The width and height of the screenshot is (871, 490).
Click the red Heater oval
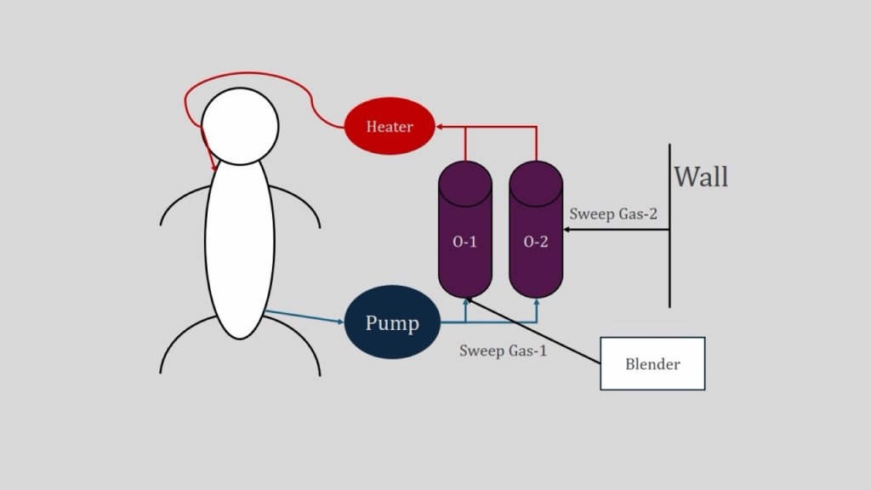390,127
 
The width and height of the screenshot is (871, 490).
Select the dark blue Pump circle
392,323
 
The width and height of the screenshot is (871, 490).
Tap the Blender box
652,364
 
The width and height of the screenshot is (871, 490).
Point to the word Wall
701,177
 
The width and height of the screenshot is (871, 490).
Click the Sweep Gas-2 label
613,214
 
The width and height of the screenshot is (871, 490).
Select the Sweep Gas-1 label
503,350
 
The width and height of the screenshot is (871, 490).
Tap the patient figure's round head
239,127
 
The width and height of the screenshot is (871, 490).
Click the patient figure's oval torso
240,247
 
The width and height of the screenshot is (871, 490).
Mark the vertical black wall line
669,255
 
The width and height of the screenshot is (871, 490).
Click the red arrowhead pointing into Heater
441,127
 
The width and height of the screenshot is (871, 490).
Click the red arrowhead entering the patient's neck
213,166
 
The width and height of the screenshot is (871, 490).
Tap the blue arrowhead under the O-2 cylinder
536,303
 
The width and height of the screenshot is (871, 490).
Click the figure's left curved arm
181,207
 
